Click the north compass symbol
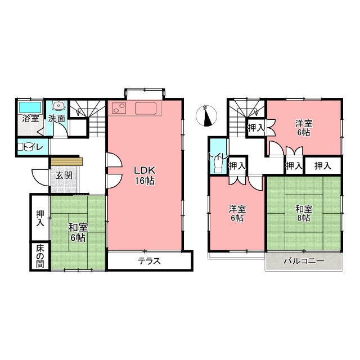206,116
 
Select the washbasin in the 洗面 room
59,105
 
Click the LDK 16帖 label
145,176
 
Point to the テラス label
149,261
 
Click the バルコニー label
304,261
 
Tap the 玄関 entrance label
64,175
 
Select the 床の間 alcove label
40,256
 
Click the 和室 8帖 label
304,214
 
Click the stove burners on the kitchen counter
119,108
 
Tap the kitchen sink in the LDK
146,108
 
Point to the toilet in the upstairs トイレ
217,165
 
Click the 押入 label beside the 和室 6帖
40,218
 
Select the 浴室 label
30,119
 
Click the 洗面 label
57,119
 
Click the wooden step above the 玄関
66,161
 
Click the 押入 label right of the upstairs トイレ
237,165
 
